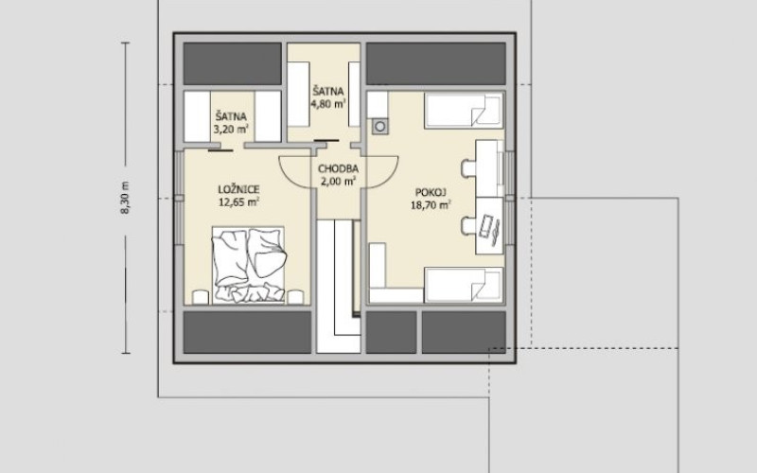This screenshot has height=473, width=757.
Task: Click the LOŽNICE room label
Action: [239, 190]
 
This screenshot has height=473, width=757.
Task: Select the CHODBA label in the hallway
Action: [338, 169]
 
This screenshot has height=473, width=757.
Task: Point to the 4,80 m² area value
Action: [328, 103]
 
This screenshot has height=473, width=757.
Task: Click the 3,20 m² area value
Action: [231, 129]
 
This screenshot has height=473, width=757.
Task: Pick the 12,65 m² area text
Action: [239, 202]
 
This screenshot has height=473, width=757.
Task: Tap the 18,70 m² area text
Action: [431, 205]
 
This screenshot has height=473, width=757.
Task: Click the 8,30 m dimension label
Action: [125, 198]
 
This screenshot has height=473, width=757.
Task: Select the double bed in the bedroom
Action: [248, 266]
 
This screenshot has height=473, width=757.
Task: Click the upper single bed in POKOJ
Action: [464, 111]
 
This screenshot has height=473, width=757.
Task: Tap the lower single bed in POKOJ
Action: [464, 285]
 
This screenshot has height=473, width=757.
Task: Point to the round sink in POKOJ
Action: [380, 127]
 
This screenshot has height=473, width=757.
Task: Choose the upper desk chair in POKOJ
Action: [468, 168]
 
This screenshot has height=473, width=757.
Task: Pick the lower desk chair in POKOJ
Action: [468, 225]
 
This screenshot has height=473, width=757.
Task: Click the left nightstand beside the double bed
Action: [201, 297]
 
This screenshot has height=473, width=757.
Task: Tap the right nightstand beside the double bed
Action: [295, 297]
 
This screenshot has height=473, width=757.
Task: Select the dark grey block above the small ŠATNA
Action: [232, 63]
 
